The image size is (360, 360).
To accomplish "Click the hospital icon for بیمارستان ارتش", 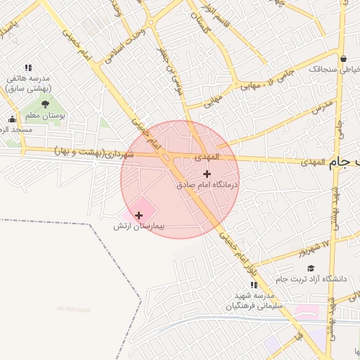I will coord(139,215).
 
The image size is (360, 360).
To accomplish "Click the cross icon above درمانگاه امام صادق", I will coord(207,174).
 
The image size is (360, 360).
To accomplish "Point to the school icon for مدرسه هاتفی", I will coord(28,67).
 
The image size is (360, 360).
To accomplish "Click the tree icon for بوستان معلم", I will coord(44,105).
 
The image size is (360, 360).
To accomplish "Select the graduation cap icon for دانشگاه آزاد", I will coord(311,268).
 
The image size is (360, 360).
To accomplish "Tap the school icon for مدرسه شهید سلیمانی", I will coord(254,285).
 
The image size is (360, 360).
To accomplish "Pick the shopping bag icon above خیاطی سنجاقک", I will coord(342,58).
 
